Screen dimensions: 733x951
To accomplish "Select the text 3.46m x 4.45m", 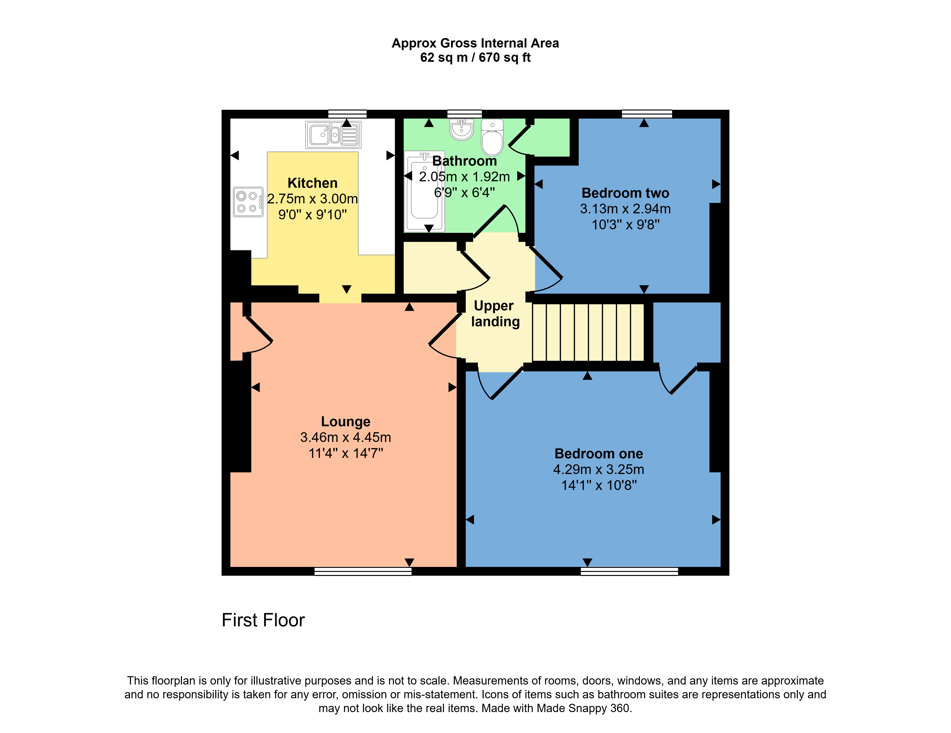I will point(345,437).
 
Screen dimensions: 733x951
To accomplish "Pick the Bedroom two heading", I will point(625,193).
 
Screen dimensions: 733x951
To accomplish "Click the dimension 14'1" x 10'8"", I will point(599,485).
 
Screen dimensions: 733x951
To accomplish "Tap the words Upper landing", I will point(495,313).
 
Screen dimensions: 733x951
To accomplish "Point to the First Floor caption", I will point(263,620).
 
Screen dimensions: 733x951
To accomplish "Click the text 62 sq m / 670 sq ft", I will point(475,57).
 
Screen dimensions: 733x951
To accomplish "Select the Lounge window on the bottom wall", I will point(363,571).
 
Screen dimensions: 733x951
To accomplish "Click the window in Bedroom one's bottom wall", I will point(629,571).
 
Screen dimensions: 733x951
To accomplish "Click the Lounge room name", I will point(345,421).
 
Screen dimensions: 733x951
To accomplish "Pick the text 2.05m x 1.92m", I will point(464,177).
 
